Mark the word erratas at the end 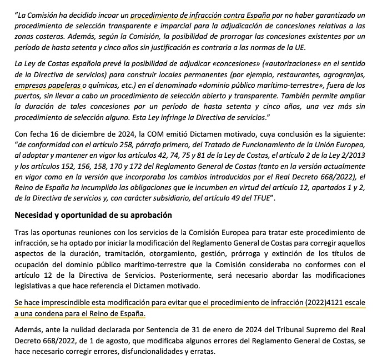[x=202, y=353]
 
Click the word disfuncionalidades [x=151, y=353]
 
